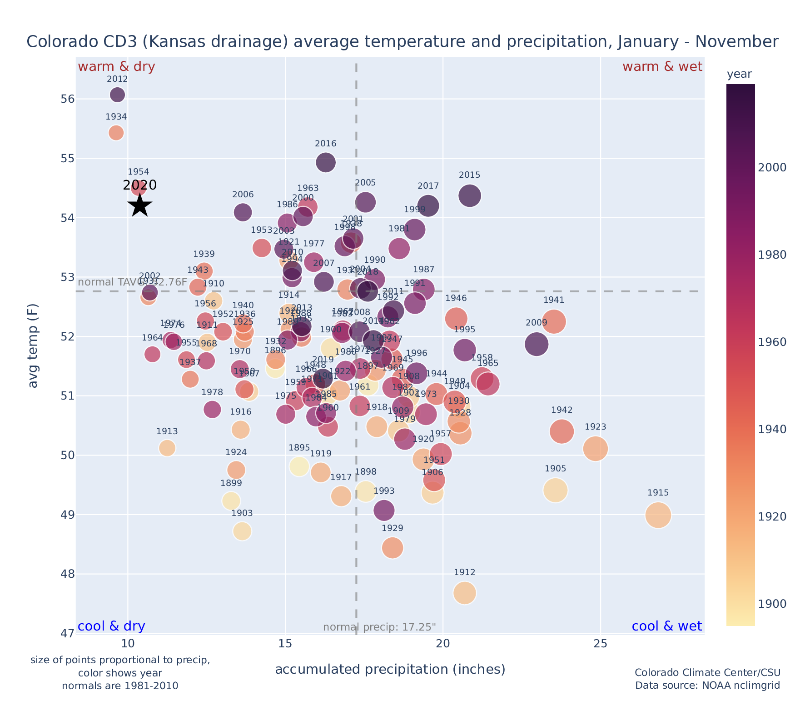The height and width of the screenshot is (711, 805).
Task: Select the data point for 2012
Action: tap(117, 95)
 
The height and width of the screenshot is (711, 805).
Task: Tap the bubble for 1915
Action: tap(658, 515)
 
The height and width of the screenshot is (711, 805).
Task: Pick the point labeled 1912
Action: tap(464, 593)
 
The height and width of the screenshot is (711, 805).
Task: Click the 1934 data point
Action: tap(116, 133)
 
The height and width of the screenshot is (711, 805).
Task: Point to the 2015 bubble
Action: tap(470, 196)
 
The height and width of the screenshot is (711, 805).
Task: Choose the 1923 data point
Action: tap(596, 449)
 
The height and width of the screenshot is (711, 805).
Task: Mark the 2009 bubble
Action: tap(537, 344)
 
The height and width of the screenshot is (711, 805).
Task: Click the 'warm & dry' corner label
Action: tap(116, 67)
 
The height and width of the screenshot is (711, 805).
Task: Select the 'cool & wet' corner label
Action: tap(666, 626)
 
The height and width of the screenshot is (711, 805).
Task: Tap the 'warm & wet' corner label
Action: tap(662, 67)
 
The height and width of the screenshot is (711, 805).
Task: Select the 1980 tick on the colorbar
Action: tap(772, 255)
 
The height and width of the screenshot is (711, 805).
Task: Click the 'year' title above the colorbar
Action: tap(739, 74)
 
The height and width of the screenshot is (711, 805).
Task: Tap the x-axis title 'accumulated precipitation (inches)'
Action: tap(390, 669)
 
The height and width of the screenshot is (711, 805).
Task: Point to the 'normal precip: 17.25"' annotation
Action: tap(379, 627)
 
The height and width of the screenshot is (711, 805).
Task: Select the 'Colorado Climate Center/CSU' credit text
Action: tap(707, 672)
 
